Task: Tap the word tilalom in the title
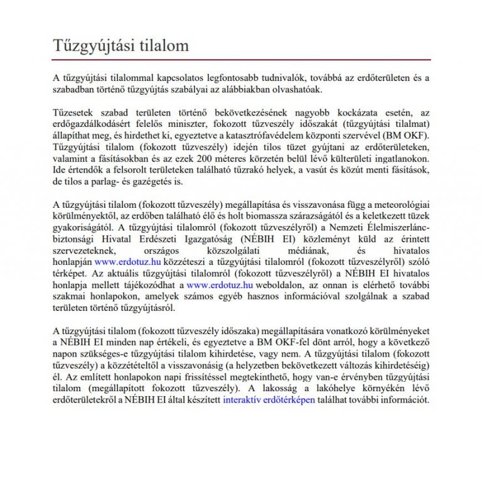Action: click(x=159, y=46)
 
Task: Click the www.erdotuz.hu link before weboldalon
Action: click(x=220, y=284)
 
